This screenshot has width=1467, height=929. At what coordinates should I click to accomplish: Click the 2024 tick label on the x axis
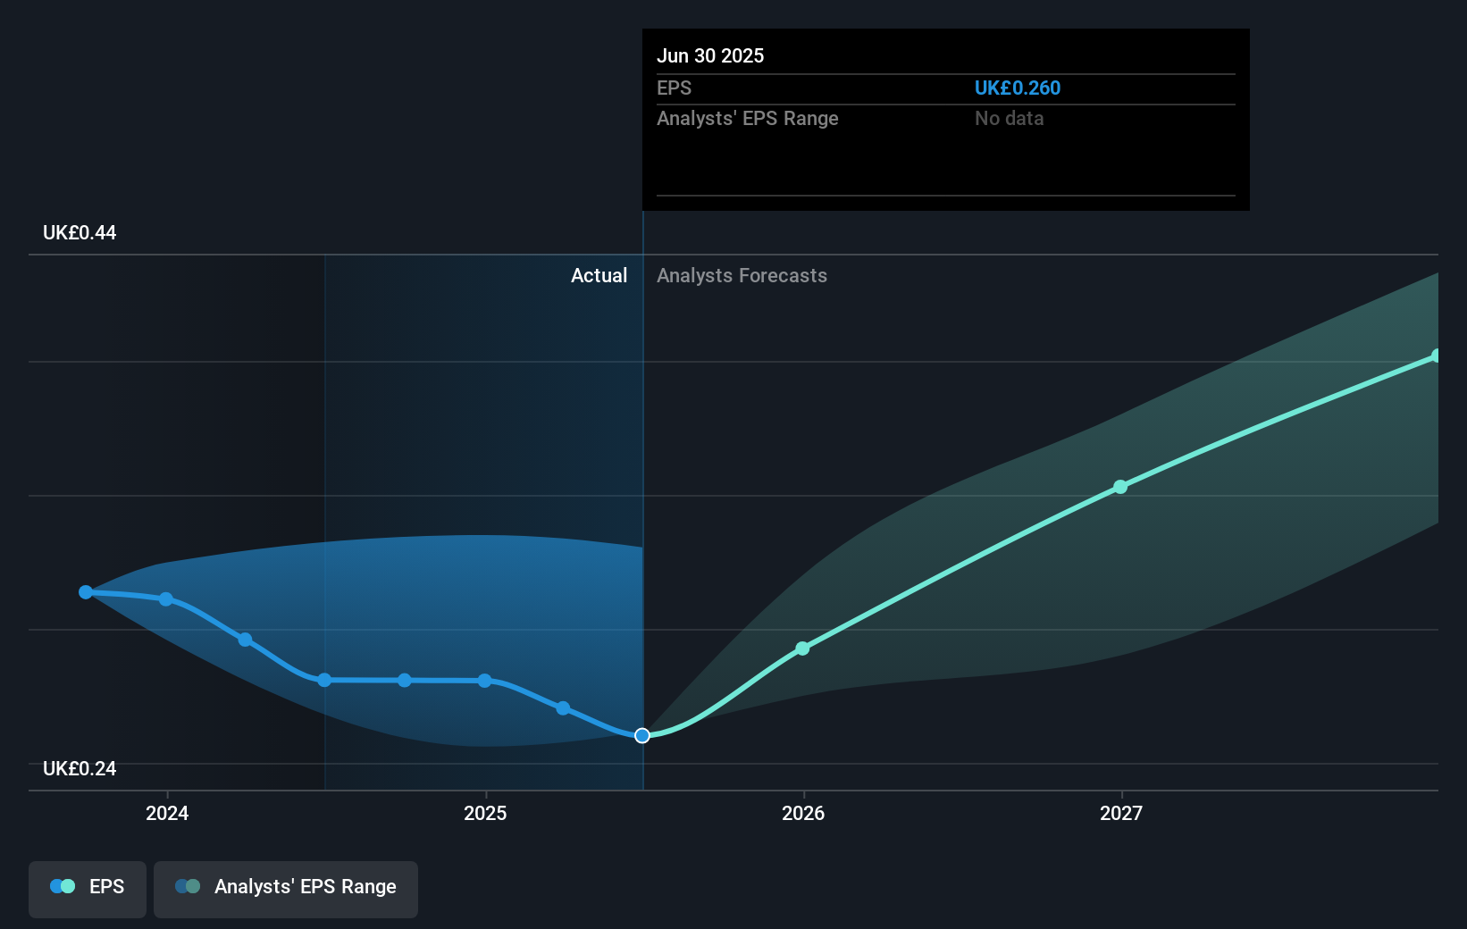167,813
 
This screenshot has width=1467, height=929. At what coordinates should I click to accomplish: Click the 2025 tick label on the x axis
485,813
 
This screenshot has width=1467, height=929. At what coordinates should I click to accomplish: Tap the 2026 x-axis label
803,813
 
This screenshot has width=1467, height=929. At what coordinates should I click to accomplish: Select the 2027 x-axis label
1121,813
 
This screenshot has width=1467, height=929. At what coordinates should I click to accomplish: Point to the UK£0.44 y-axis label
80,233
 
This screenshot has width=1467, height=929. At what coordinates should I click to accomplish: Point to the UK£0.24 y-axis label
80,769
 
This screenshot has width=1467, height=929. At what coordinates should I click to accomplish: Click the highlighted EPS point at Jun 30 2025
642,735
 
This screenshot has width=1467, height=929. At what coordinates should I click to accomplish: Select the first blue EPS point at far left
86,592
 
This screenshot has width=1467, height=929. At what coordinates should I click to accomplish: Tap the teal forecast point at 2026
802,649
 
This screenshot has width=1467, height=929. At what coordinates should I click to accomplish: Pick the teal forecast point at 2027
1120,487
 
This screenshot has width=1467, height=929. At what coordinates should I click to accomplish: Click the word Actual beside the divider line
599,276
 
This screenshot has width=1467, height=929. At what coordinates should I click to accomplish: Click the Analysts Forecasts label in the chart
742,276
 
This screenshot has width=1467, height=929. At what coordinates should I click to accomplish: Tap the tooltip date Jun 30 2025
710,55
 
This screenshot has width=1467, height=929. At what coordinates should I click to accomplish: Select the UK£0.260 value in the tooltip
1017,88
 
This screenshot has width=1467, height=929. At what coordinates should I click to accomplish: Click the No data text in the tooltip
1009,118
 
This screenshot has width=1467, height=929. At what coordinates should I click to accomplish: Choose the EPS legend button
88,887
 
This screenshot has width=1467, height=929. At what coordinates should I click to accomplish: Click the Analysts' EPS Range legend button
286,887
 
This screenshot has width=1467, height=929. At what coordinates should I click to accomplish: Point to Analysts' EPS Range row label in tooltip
747,118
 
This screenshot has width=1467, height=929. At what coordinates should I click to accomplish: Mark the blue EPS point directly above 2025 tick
484,681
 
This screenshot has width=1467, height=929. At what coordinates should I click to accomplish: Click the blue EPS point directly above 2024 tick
166,599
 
